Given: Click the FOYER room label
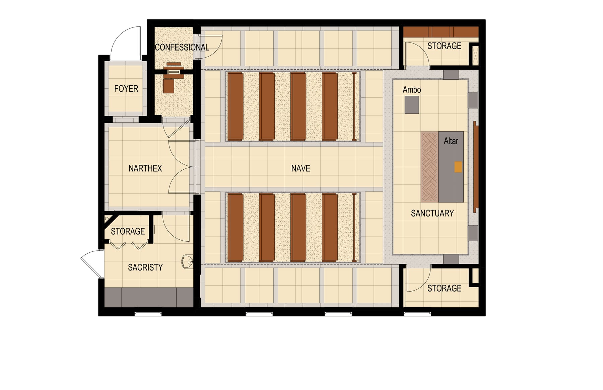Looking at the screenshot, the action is pyautogui.click(x=126, y=89).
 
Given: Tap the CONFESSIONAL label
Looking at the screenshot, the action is pyautogui.click(x=182, y=47).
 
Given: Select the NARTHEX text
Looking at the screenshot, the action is pyautogui.click(x=145, y=168).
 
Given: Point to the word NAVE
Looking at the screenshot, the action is pyautogui.click(x=300, y=168).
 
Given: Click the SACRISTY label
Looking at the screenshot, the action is pyautogui.click(x=145, y=267).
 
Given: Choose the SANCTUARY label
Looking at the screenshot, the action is pyautogui.click(x=432, y=213).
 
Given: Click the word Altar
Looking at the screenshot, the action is pyautogui.click(x=451, y=141).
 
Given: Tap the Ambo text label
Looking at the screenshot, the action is pyautogui.click(x=412, y=90).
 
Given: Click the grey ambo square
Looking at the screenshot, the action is pyautogui.click(x=412, y=105).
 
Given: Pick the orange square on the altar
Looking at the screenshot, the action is pyautogui.click(x=458, y=167).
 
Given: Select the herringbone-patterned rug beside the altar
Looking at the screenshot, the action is pyautogui.click(x=429, y=167).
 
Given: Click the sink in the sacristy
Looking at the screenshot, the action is pyautogui.click(x=187, y=261).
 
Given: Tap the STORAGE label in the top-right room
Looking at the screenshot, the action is pyautogui.click(x=444, y=46).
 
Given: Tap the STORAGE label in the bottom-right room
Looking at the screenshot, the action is pyautogui.click(x=444, y=288).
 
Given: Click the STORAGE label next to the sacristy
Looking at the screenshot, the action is pyautogui.click(x=128, y=231).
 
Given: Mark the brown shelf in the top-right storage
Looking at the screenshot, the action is pyautogui.click(x=441, y=32).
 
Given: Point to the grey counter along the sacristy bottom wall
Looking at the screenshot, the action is pyautogui.click(x=149, y=297).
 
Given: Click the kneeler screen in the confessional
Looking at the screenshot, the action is pyautogui.click(x=174, y=72).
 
